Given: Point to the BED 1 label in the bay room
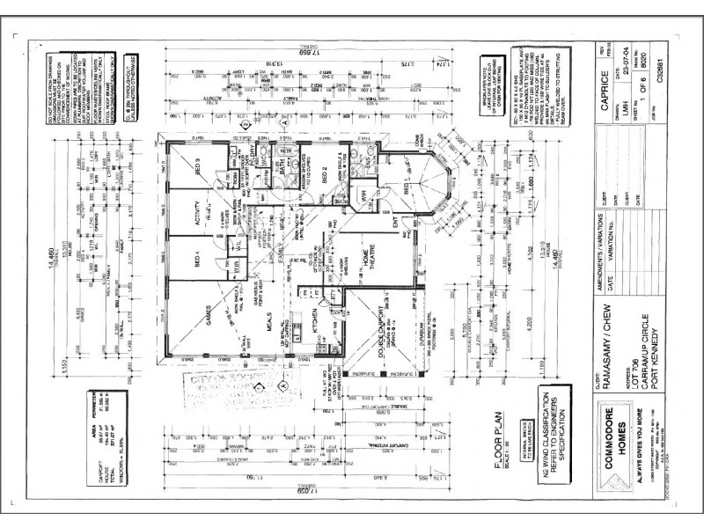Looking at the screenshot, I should tap(408, 187).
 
